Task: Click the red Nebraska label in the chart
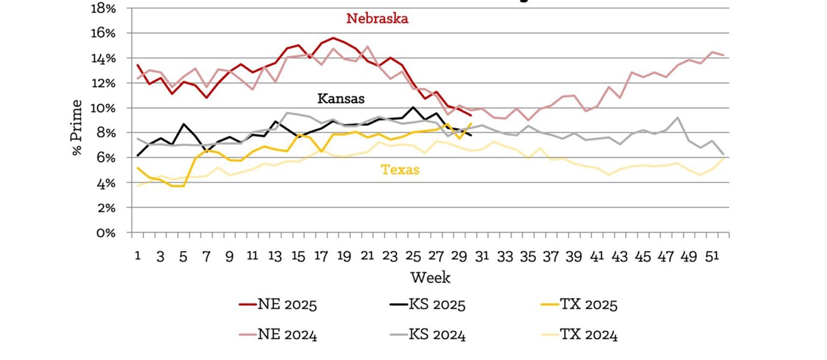click(377, 18)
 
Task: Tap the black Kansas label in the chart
click(341, 98)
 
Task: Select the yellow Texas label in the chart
click(400, 170)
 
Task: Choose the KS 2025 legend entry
click(428, 304)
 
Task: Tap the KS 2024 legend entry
click(428, 335)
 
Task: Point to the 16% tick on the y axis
click(104, 33)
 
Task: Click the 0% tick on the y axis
click(107, 233)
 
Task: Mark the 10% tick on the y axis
click(104, 108)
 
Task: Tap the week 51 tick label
click(712, 256)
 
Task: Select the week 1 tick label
click(138, 256)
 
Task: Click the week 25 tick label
click(413, 256)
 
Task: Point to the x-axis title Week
click(430, 278)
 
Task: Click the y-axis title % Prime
click(77, 127)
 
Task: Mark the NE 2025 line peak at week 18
click(333, 38)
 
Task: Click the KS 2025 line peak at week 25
click(413, 107)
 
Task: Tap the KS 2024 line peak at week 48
click(678, 118)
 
